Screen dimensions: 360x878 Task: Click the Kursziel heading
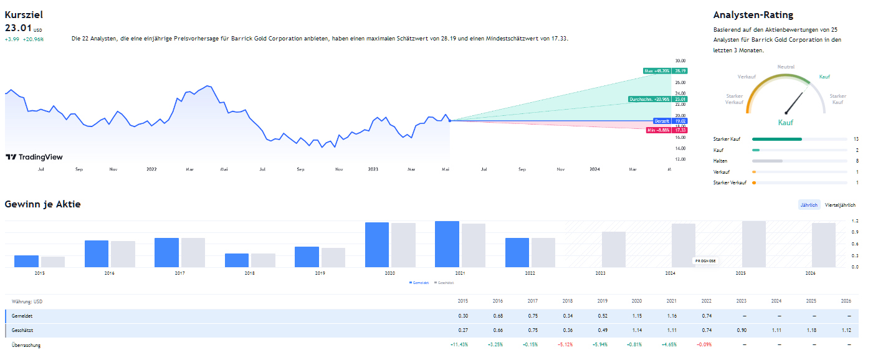(24, 14)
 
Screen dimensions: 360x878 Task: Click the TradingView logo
(34, 157)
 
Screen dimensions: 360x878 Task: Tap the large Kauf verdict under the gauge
(786, 123)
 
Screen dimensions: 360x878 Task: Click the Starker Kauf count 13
(856, 139)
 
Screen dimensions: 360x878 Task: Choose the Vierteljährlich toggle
(839, 205)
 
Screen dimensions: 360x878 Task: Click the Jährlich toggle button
(809, 205)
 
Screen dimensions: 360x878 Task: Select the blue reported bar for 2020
(376, 245)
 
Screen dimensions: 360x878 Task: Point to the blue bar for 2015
(26, 261)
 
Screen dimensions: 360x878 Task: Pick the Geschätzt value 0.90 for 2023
(741, 330)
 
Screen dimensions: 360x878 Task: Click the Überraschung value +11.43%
(458, 344)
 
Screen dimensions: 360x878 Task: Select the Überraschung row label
(26, 344)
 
